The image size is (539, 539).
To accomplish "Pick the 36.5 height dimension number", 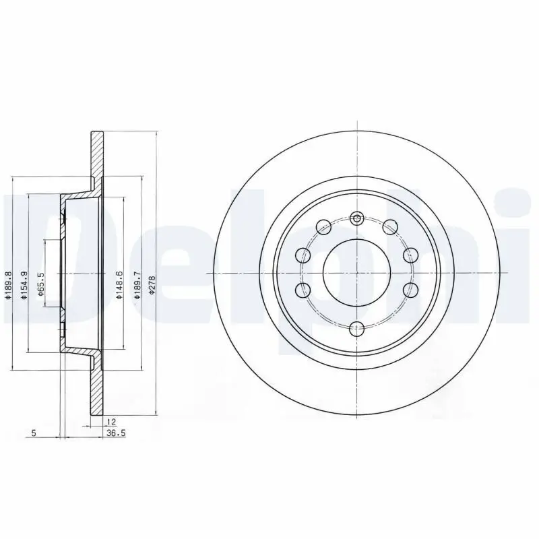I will (116, 433).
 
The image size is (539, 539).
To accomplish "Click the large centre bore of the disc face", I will (357, 272).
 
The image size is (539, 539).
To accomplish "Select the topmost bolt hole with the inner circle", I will (357, 218).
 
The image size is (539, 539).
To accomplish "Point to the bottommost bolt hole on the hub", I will (357, 328).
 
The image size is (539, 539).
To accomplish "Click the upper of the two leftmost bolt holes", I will (303, 255).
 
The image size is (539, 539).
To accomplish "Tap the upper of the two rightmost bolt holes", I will (410, 255).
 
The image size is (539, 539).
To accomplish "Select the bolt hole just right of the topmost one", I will (390, 226).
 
